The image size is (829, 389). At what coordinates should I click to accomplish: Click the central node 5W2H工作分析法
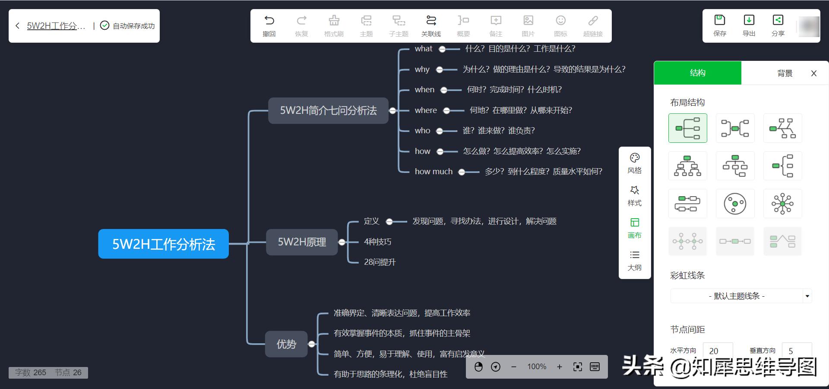coord(163,244)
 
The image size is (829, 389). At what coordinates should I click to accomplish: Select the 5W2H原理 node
coord(301,242)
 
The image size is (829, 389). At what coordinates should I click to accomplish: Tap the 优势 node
coord(286,344)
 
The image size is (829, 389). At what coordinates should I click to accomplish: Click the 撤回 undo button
coord(269,25)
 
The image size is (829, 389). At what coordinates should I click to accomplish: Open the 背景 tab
coord(785,73)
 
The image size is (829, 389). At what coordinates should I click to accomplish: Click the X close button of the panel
coord(814,73)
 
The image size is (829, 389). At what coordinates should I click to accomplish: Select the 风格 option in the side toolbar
coord(634,163)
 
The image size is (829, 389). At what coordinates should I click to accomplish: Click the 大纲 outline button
coord(634,260)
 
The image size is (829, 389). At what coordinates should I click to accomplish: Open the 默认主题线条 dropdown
coord(741,296)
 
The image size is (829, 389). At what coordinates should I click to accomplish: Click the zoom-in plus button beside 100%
coord(560,367)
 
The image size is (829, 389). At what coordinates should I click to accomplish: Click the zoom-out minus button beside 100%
coord(514,367)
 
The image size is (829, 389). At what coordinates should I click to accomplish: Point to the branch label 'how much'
coord(433,172)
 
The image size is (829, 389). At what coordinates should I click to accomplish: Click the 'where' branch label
coord(426,110)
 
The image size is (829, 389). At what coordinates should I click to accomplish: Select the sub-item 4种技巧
coord(377,242)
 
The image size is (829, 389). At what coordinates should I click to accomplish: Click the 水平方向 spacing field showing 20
coord(717,351)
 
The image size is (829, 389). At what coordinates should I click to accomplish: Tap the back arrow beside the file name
coord(17,26)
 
